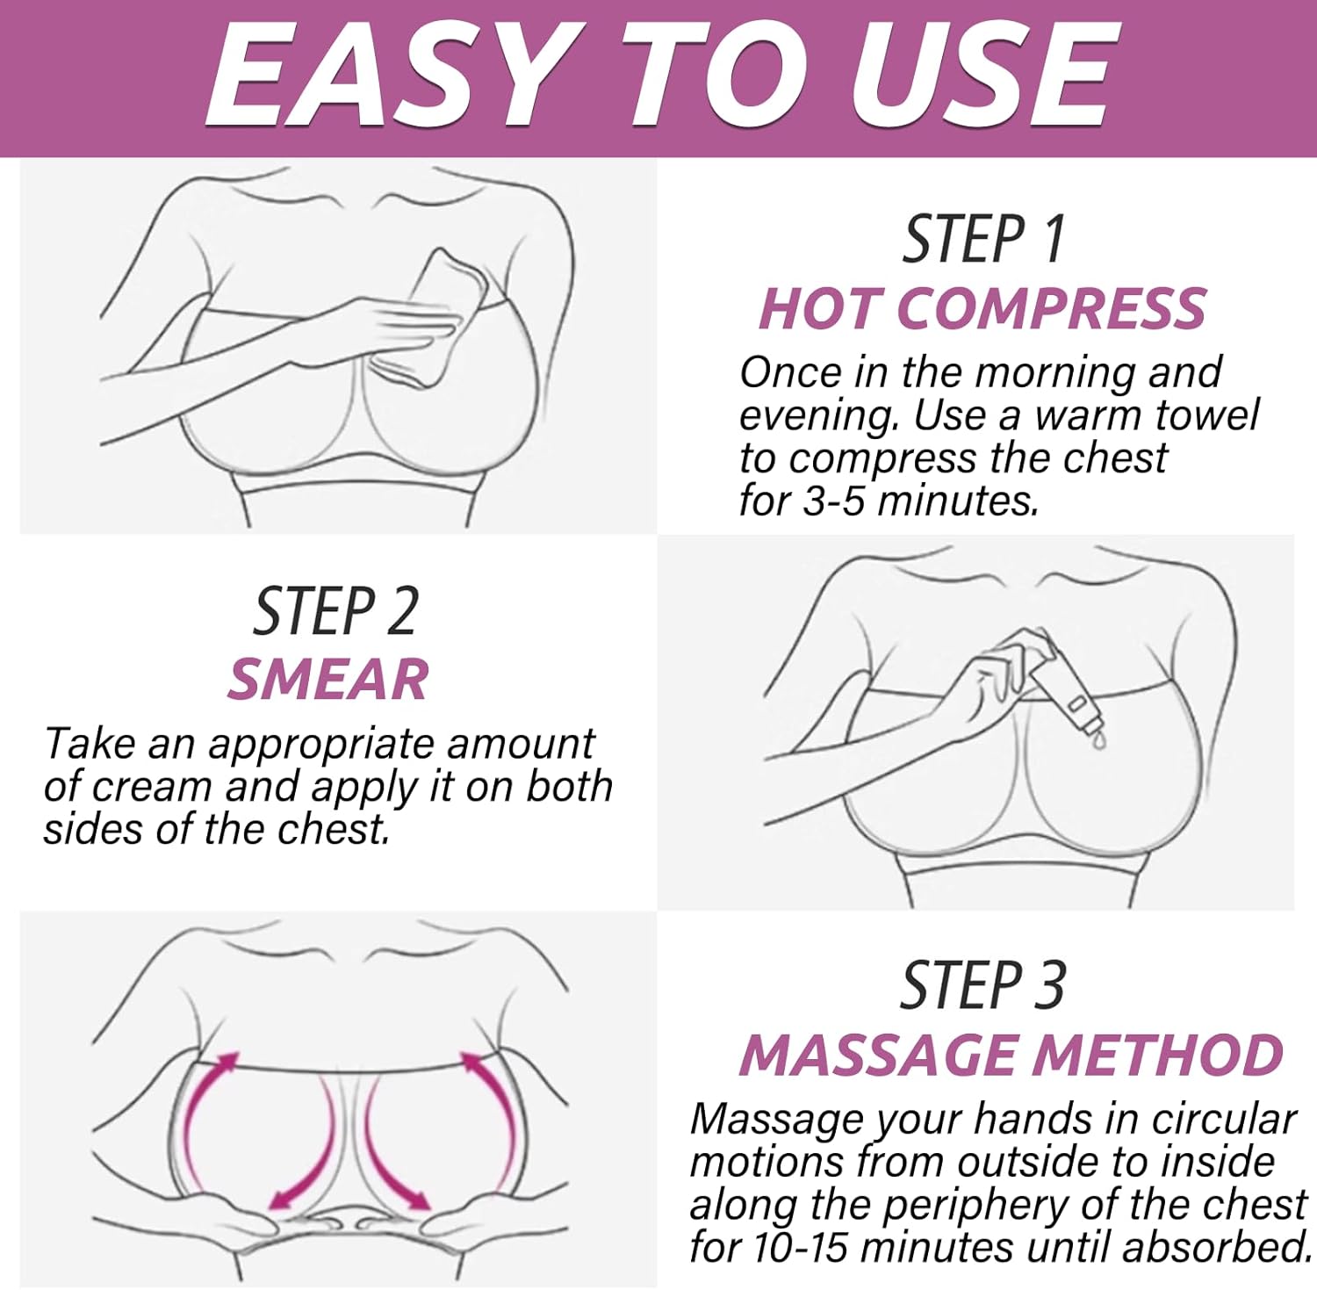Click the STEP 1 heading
tap(983, 239)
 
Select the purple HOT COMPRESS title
tap(982, 308)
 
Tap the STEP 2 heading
tap(335, 611)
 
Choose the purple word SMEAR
tap(328, 680)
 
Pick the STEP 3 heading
tap(982, 984)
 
